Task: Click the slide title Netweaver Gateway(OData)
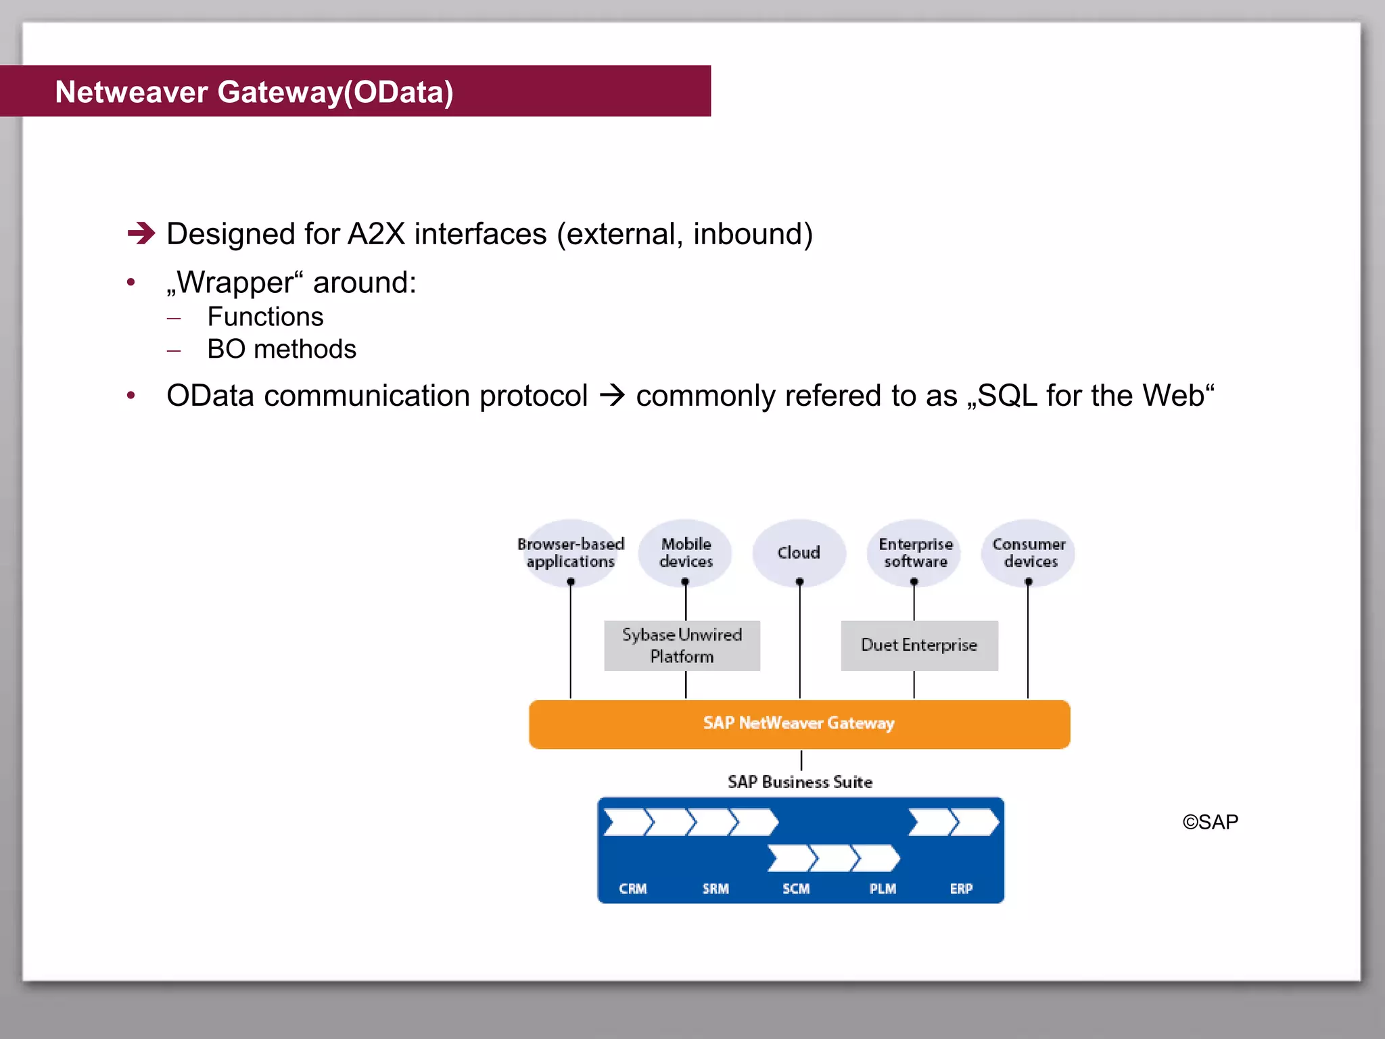[254, 92]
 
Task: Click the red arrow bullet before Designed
[141, 233]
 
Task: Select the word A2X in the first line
[376, 234]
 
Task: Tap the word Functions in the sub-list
[265, 317]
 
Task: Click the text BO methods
[281, 349]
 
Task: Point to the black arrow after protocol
[612, 395]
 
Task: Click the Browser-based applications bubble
[570, 553]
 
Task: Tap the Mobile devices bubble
[686, 553]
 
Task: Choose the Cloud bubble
[799, 553]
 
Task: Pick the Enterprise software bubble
[914, 553]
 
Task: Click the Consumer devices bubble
[1029, 553]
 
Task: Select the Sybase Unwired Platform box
[682, 645]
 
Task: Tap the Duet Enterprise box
[919, 645]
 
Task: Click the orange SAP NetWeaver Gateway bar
[799, 724]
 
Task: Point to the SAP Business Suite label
[800, 782]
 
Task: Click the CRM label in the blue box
[633, 889]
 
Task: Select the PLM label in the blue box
[883, 889]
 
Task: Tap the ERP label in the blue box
[961, 889]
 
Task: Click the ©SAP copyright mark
[1210, 822]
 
